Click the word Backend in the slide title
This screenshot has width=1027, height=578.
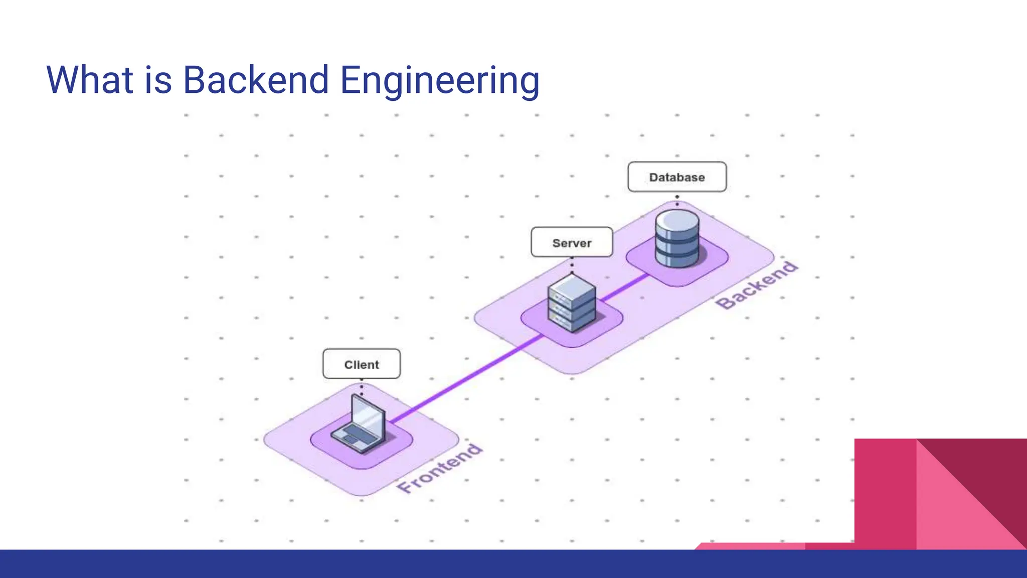tap(255, 80)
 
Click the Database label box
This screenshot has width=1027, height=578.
tap(676, 177)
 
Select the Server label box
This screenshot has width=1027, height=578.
tap(572, 243)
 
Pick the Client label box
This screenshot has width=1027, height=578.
tap(361, 364)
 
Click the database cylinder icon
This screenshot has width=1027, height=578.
tap(677, 238)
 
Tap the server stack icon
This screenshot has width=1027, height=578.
tap(572, 303)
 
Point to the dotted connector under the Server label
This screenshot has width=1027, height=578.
tap(572, 265)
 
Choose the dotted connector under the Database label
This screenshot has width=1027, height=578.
tap(677, 200)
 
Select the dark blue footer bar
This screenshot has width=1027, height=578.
tap(501, 564)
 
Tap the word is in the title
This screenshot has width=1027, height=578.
tap(158, 80)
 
